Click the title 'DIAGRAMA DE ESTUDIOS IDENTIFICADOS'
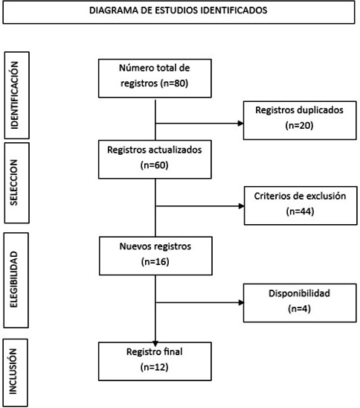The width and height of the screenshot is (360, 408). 179,10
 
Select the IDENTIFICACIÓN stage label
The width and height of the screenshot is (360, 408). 14,95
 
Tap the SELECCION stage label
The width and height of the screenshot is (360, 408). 14,182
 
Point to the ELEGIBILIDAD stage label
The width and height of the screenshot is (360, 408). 13,279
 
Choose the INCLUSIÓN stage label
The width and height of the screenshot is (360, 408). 13,372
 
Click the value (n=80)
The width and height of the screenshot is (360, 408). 174,83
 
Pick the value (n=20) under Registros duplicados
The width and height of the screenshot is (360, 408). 299,125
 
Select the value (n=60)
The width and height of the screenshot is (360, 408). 155,165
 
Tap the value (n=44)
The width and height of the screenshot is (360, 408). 300,211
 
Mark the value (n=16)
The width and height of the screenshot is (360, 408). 155,261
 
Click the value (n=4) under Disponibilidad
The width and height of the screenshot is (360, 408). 300,309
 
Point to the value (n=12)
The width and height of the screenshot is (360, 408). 155,367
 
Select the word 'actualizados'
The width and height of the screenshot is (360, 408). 176,150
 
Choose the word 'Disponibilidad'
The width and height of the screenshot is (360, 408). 300,293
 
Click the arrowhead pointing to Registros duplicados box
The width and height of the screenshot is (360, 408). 241,124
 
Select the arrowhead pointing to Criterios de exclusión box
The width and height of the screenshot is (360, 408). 242,206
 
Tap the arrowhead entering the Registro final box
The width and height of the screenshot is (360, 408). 155,344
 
